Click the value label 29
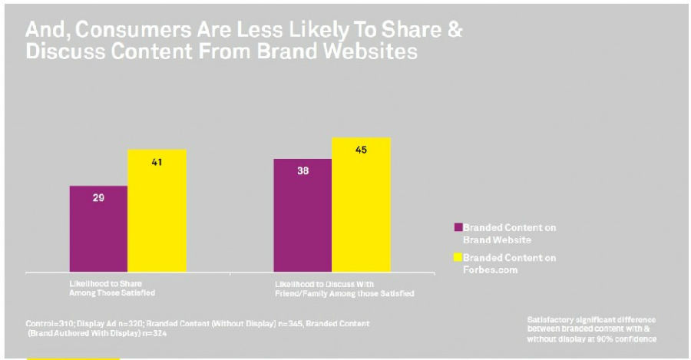click(x=99, y=197)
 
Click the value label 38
click(x=303, y=171)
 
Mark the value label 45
click(x=361, y=150)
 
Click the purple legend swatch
click(x=458, y=227)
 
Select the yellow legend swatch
click(x=458, y=257)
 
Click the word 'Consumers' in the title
click(x=118, y=31)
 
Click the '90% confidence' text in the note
click(x=630, y=339)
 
